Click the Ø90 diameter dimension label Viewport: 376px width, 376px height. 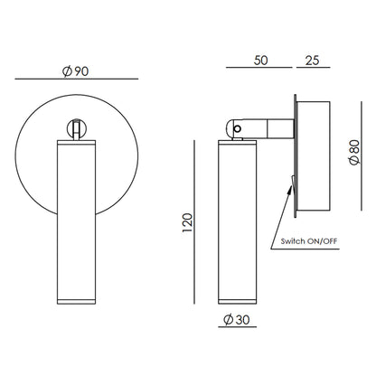click(x=75, y=71)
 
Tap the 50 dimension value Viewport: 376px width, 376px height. click(x=260, y=61)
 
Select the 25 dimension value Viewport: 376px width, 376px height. click(x=312, y=61)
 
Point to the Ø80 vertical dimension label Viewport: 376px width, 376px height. click(x=354, y=153)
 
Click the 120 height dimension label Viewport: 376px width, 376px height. click(x=187, y=222)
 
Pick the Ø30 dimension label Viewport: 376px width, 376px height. click(x=237, y=319)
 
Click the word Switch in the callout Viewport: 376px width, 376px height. click(x=293, y=241)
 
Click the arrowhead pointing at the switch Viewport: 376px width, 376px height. click(x=290, y=189)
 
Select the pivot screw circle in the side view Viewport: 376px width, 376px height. click(x=238, y=129)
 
